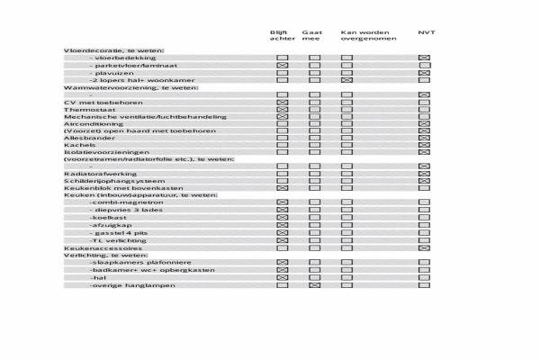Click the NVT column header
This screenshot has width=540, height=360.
427,32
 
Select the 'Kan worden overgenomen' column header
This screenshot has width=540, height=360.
364,36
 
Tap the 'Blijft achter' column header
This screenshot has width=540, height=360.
282,36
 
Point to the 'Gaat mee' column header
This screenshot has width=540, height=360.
313,36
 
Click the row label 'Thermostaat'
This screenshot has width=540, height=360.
83,110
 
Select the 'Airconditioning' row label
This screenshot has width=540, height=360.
87,124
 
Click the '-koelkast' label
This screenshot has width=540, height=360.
105,218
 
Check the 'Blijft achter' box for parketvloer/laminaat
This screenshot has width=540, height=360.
282,66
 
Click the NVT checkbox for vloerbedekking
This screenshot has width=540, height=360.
424,58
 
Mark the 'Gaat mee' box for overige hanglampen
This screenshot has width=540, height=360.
314,284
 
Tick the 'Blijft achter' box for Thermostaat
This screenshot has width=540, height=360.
282,110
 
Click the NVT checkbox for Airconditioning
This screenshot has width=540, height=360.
424,124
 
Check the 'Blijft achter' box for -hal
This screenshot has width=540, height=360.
282,277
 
